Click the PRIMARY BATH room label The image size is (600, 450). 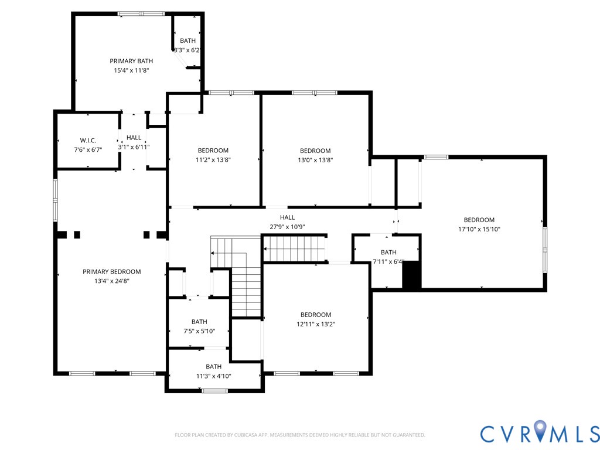click(131, 61)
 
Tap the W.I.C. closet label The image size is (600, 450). click(88, 141)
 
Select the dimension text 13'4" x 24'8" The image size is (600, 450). click(112, 281)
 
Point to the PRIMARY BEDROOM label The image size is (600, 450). click(112, 272)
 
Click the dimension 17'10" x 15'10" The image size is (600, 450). click(479, 229)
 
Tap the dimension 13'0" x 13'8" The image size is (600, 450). click(315, 160)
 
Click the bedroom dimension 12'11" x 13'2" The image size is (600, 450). click(316, 324)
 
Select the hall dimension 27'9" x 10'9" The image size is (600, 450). click(287, 227)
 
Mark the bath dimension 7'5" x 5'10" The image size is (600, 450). click(199, 331)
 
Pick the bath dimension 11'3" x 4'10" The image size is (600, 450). click(213, 376)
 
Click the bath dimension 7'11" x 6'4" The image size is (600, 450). click(388, 262)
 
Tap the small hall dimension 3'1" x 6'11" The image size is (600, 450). click(134, 147)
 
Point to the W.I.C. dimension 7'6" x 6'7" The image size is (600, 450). click(88, 149)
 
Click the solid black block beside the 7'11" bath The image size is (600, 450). click(412, 275)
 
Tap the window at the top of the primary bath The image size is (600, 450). click(141, 14)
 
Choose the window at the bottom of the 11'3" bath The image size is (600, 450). click(214, 391)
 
